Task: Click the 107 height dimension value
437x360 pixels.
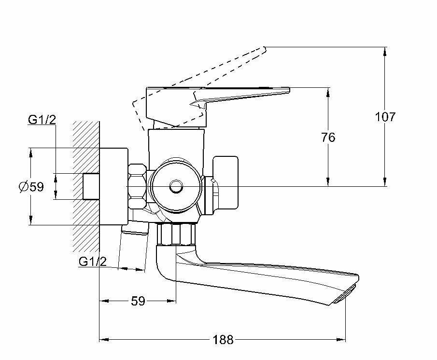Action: point(385,116)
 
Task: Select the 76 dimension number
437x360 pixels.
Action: point(328,138)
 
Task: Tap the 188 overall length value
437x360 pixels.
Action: point(223,340)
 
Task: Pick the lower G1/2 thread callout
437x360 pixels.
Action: point(92,262)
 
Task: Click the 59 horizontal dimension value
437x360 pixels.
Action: point(138,301)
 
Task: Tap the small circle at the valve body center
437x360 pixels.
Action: point(174,186)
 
